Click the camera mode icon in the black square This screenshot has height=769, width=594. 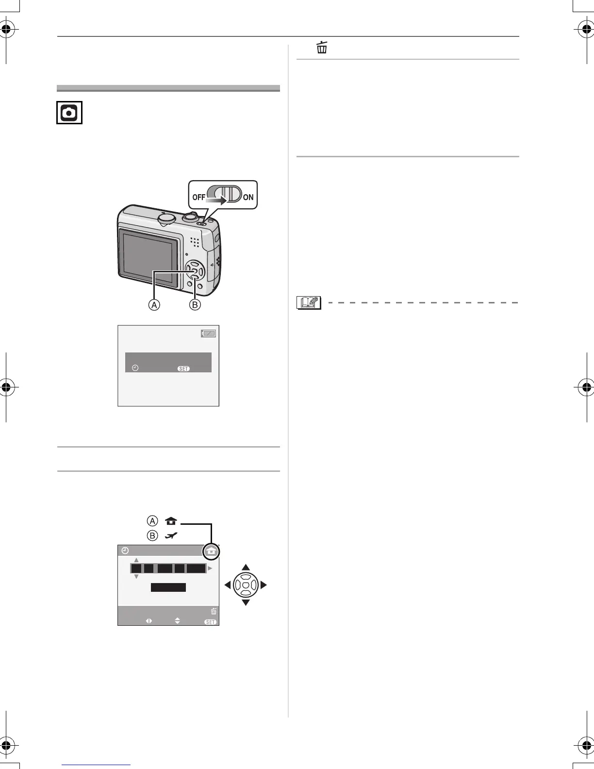coord(69,113)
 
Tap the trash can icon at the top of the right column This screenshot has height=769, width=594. coord(322,48)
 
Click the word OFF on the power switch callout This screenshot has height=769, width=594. coord(199,197)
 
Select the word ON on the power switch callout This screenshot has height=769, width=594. coord(248,197)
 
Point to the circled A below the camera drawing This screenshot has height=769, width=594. coord(154,305)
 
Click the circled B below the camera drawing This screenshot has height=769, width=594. coord(195,305)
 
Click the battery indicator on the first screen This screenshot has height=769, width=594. coord(209,334)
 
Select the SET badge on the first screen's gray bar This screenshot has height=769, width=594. coord(183,368)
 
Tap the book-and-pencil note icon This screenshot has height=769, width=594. coord(309,302)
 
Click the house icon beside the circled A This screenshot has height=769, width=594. coord(171,521)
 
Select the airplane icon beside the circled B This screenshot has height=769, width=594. coord(171,535)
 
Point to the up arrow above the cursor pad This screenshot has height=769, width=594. coord(246,567)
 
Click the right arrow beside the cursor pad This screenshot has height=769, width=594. coord(264,585)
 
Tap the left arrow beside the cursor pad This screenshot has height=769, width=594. coord(227,585)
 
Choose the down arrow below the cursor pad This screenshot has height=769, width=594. coord(246,602)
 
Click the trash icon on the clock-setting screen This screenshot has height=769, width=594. coord(214,611)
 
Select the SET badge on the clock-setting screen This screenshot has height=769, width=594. coord(211,622)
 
